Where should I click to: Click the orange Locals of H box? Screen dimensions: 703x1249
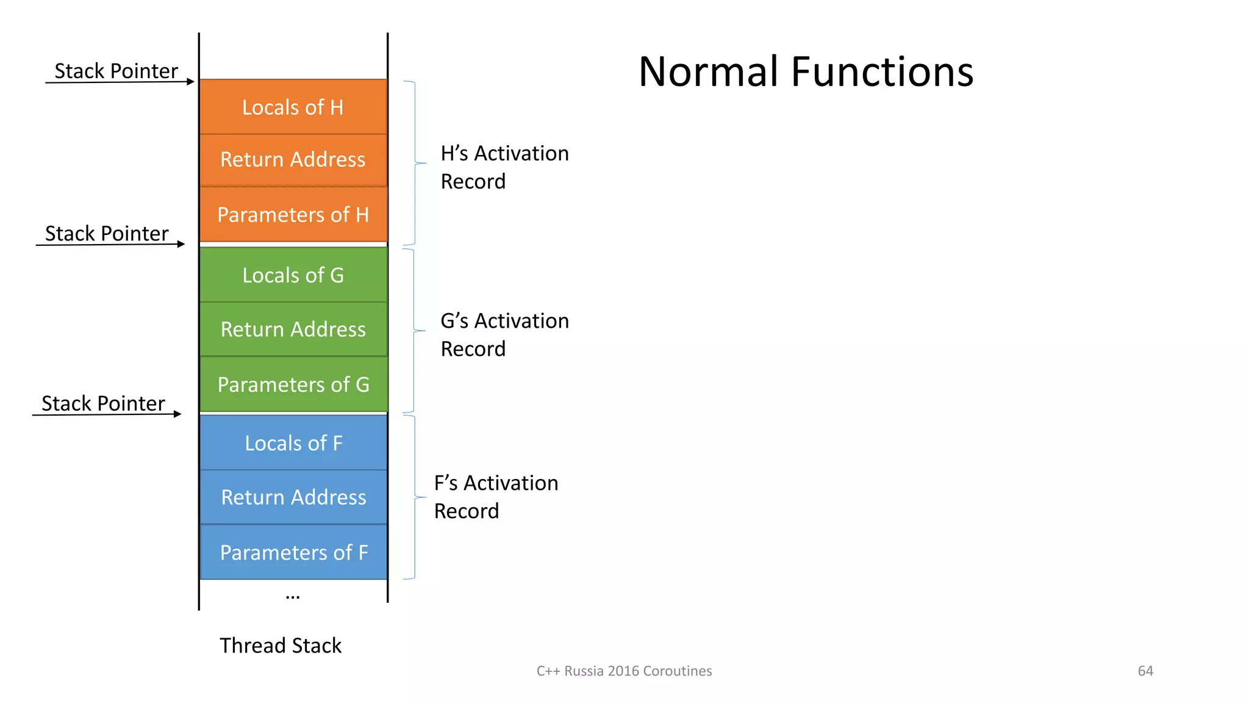coord(293,107)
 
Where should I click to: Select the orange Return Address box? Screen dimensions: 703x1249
coord(293,160)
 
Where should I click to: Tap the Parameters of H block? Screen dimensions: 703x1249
coord(293,214)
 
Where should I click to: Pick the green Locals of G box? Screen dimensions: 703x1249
coord(293,275)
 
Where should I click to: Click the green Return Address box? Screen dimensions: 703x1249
coord(293,329)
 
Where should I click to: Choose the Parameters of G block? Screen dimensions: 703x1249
coord(293,384)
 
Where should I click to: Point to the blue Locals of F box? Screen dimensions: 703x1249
coord(293,442)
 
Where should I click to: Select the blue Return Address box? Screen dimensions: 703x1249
coord(293,497)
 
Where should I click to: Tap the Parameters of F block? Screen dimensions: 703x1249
coord(293,552)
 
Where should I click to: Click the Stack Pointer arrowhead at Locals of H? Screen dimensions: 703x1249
coord(191,81)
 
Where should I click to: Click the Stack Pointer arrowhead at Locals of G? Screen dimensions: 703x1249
coord(181,244)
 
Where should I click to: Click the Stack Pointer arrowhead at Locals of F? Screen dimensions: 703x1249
coord(177,414)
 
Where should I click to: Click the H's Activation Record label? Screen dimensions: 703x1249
coord(504,167)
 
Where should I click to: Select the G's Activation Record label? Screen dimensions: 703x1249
coord(504,334)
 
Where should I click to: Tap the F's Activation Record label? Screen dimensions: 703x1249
coord(496,496)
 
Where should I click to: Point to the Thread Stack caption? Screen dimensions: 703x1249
coord(281,645)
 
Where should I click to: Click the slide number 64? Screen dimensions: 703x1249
coord(1145,671)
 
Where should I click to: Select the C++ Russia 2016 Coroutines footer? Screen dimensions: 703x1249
coord(624,671)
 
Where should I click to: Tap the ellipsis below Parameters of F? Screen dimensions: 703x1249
coord(293,596)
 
